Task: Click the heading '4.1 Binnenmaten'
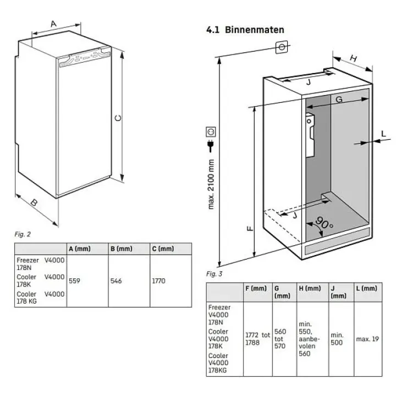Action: [245, 29]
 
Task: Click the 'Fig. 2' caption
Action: [23, 235]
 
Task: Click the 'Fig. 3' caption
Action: [215, 274]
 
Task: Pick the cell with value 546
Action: [117, 281]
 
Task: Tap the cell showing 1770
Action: [158, 281]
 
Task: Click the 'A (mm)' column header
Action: [80, 249]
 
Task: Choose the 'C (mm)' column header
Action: [163, 249]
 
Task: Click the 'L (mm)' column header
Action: [366, 288]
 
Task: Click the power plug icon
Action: [211, 146]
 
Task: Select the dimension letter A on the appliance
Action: [53, 23]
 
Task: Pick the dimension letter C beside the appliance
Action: [117, 118]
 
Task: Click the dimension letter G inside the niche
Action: [339, 99]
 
